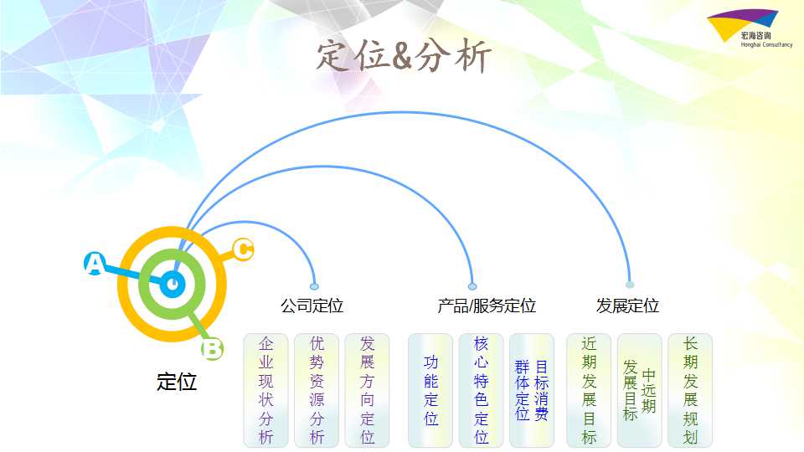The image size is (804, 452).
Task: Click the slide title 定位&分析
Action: coord(404,55)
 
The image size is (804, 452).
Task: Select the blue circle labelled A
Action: coord(95,264)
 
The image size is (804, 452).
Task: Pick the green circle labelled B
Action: coord(212,348)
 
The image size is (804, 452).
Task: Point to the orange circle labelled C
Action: coord(243,249)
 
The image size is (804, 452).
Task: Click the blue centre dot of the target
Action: coord(173,285)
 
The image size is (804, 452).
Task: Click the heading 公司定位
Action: coord(312,306)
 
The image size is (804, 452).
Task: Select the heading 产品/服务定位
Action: coord(487,306)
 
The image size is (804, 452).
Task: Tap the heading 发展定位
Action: coord(627,306)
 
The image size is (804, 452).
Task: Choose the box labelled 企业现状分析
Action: coord(265,391)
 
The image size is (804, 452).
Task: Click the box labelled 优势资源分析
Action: coord(317,391)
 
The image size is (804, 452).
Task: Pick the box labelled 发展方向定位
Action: coord(367,391)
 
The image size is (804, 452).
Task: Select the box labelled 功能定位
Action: coord(430,391)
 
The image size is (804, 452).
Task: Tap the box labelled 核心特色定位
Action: coord(481,391)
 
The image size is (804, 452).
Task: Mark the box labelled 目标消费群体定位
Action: coord(532,391)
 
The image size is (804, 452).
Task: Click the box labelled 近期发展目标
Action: coord(589,391)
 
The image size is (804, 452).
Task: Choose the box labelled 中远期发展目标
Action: coord(639,391)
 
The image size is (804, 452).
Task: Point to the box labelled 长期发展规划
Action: coord(690,391)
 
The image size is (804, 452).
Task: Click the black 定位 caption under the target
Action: coord(177,382)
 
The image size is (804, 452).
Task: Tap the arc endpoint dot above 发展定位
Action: coord(630,285)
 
